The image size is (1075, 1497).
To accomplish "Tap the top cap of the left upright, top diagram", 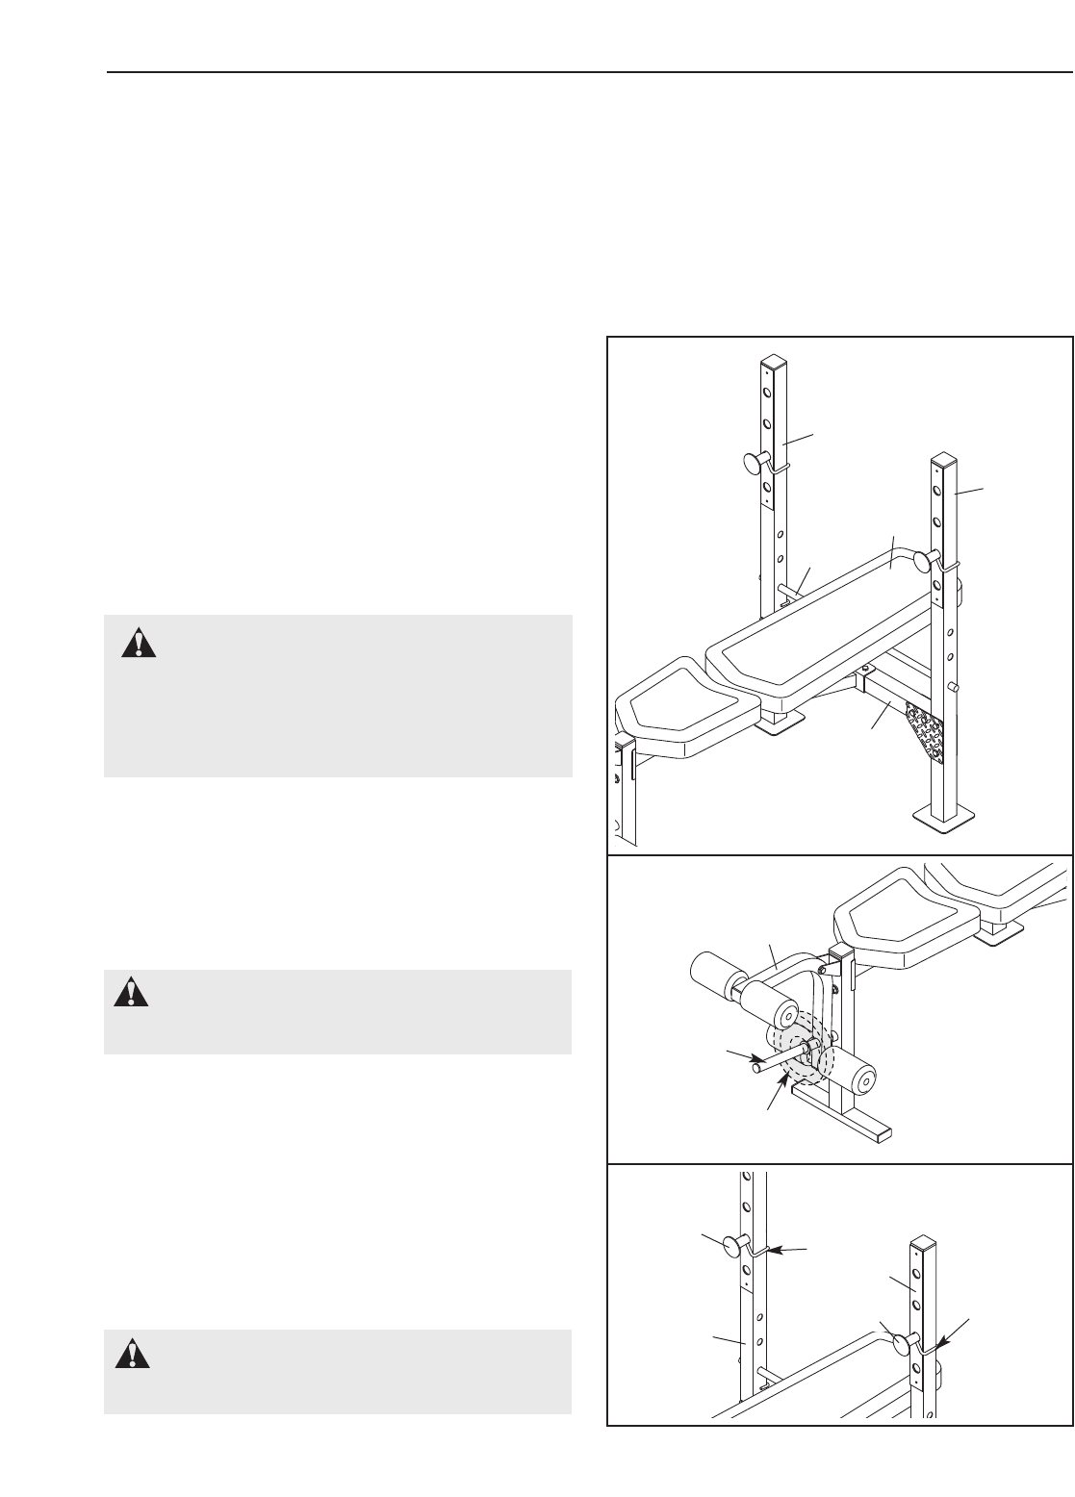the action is pos(774,363).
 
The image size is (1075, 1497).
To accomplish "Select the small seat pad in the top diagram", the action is pos(683,713).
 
